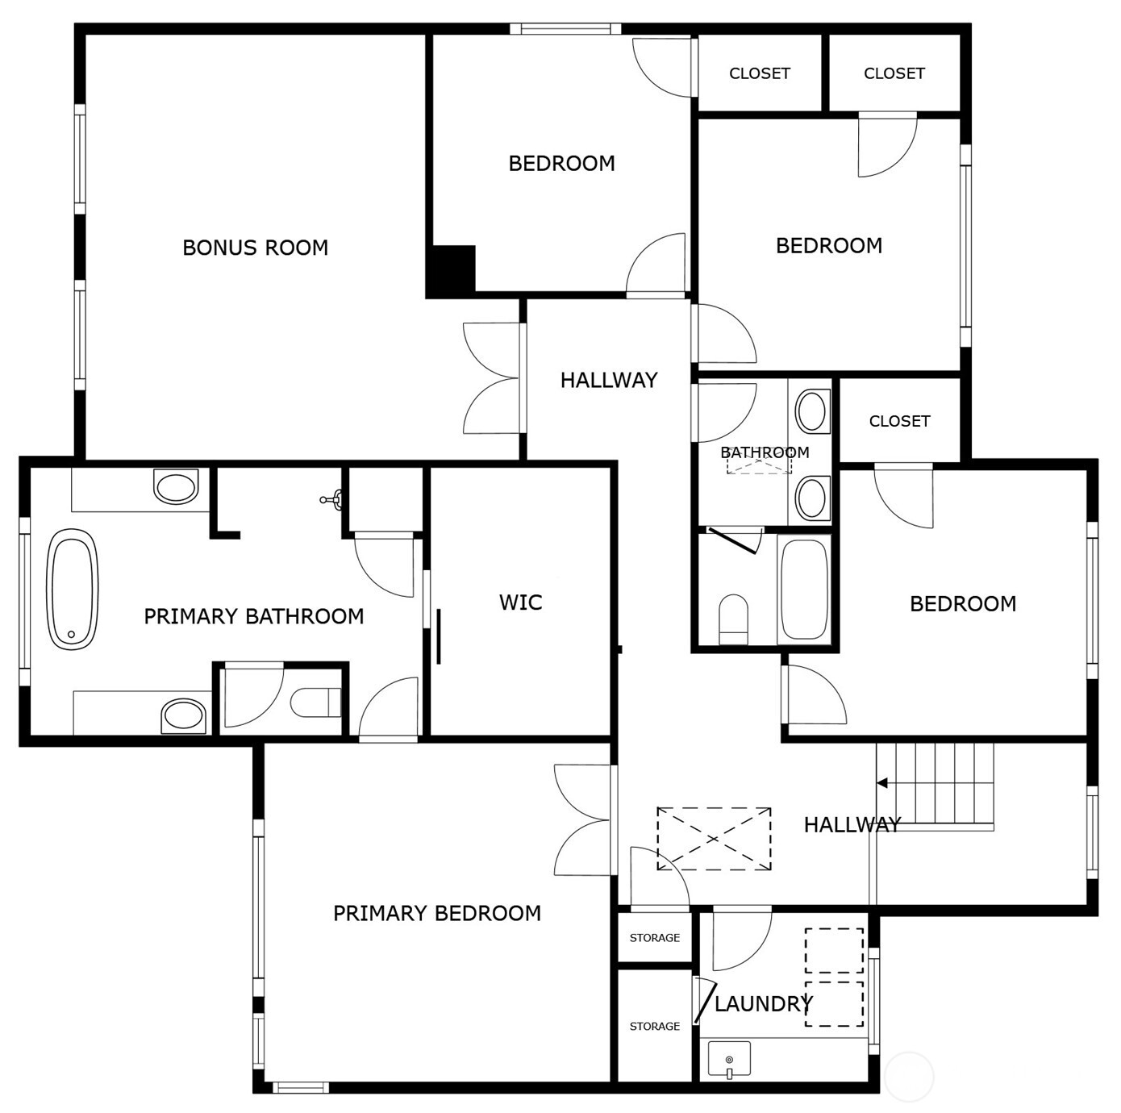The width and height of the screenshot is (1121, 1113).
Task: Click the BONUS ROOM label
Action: coord(255,248)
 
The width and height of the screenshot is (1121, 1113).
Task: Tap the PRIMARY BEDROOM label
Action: coord(436,913)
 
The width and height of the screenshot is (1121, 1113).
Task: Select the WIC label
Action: coord(520,602)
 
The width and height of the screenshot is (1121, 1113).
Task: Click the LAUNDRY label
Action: coord(763,1004)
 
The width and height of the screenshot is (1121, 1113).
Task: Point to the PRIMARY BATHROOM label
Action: coord(253,617)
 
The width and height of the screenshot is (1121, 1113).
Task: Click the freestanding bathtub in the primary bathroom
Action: coord(73,589)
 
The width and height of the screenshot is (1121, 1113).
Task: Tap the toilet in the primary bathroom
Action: coord(316,702)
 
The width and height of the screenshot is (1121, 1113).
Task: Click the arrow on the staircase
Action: coord(882,783)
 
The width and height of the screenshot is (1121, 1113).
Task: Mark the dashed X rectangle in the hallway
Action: coord(714,839)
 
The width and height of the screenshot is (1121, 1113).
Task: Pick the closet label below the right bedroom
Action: coord(899,421)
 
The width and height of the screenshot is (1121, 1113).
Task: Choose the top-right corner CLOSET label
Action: coord(894,73)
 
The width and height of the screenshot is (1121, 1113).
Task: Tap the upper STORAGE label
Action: coord(654,938)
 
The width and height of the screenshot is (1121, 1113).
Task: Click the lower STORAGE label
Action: coord(654,1027)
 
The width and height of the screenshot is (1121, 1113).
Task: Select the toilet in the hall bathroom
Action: coord(733,619)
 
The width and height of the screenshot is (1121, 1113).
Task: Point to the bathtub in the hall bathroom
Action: coord(804,589)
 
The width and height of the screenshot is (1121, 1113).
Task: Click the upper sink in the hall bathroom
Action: coord(812,411)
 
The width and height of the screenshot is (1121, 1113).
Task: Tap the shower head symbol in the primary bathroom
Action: coord(331,500)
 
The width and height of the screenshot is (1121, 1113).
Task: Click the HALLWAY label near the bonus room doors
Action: coord(609,380)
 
